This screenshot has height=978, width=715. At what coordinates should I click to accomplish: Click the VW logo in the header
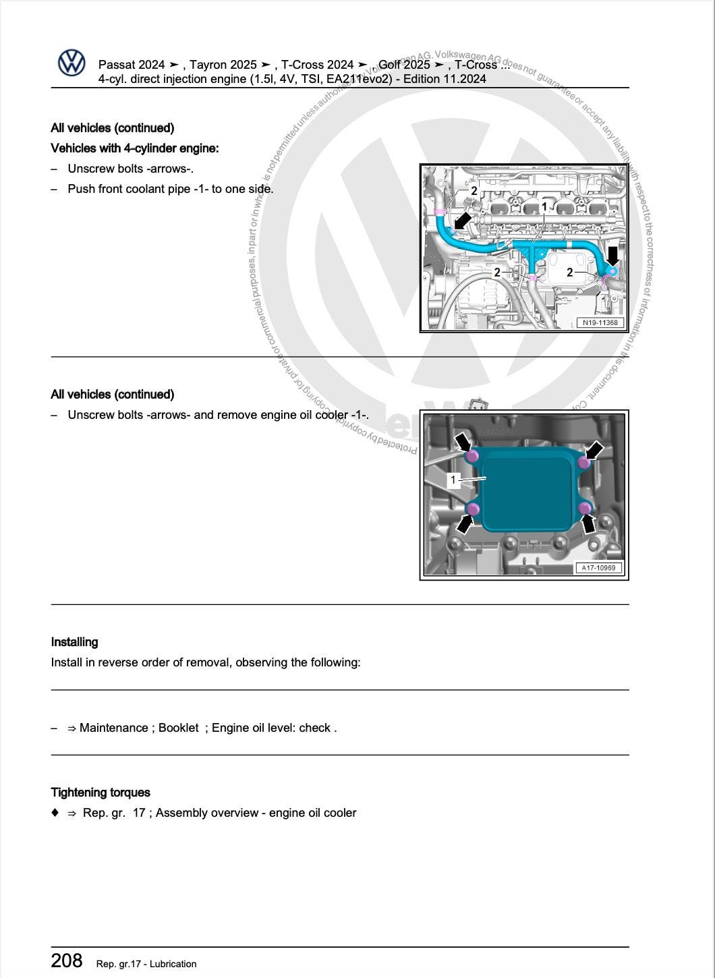[71, 63]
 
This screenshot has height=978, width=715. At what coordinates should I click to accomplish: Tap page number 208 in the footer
[67, 960]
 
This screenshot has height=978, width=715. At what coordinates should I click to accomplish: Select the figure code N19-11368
[600, 322]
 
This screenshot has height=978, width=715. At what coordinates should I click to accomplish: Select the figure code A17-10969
[598, 568]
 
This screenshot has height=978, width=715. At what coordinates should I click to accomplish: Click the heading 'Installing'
[74, 642]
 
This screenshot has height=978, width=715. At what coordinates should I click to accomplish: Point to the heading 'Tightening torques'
[101, 793]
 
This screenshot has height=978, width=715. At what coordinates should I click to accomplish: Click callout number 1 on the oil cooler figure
[454, 480]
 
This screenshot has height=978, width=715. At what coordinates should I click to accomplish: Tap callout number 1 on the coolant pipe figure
[544, 206]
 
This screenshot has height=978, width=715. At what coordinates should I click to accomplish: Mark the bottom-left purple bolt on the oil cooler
[473, 508]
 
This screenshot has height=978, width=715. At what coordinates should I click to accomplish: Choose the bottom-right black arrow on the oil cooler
[590, 523]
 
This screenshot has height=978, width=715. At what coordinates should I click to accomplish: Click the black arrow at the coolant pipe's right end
[612, 256]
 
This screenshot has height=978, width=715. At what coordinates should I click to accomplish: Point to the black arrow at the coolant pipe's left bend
[463, 221]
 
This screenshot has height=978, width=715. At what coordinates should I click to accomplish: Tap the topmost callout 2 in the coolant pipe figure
[474, 191]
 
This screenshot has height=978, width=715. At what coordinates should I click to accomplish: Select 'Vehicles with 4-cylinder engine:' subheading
[134, 148]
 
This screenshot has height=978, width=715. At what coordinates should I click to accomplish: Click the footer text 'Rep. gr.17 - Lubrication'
[146, 964]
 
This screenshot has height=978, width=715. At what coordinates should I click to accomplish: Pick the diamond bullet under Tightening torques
[55, 813]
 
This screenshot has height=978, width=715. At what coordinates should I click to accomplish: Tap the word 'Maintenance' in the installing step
[114, 728]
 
